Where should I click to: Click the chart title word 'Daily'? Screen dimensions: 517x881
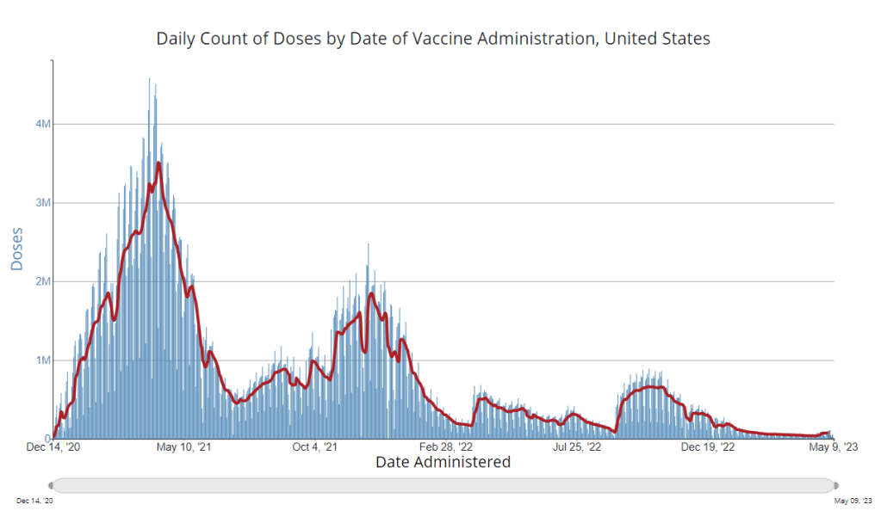point(176,39)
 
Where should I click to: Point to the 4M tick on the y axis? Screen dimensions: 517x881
point(43,124)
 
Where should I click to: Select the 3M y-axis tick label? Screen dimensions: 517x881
point(43,203)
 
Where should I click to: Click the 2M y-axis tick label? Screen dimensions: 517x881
point(43,281)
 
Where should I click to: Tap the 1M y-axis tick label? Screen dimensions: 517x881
point(43,360)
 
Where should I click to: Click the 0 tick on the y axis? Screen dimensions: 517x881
point(47,439)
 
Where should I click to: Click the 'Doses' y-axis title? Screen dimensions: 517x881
point(16,249)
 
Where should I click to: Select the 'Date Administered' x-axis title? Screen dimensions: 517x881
point(443,462)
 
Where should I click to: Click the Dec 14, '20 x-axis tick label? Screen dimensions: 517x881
point(53,447)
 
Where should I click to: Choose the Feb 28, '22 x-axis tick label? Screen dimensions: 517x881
point(444,447)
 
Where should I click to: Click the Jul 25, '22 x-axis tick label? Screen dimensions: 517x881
point(575,447)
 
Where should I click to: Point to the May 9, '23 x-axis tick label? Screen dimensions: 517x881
point(831,447)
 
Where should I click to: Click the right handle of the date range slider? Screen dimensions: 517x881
point(834,485)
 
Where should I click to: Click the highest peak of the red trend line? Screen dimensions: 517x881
point(158,163)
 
